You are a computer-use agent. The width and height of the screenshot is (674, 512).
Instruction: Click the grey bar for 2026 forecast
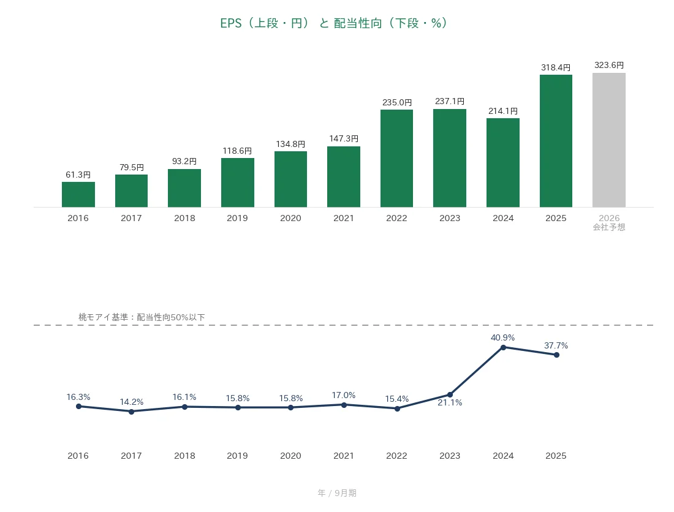click(608, 140)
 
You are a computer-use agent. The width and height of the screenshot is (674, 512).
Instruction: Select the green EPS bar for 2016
click(78, 195)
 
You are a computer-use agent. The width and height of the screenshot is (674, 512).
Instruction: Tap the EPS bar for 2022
click(397, 159)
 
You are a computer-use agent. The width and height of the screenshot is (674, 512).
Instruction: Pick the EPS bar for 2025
click(556, 141)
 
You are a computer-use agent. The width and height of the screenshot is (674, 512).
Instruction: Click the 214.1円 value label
click(503, 111)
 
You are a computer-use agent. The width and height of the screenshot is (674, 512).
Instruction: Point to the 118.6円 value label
click(237, 151)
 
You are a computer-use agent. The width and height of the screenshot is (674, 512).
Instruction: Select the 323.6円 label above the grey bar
click(609, 66)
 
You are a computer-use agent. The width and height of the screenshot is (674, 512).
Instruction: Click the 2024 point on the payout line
click(503, 347)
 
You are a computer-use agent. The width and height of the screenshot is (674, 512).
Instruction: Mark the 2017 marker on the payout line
click(132, 412)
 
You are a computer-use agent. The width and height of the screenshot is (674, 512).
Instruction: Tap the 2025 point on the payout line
click(556, 355)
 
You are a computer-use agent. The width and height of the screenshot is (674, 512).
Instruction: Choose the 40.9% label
click(503, 337)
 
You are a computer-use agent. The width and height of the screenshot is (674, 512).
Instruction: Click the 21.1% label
click(450, 402)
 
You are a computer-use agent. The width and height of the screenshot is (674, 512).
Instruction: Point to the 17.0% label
click(344, 395)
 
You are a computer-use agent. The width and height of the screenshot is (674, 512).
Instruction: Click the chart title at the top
click(335, 23)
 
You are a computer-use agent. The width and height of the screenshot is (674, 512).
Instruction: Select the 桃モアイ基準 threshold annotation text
click(142, 317)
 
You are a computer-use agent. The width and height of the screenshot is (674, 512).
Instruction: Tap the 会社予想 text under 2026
click(609, 227)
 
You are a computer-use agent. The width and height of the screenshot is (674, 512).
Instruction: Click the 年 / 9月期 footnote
click(337, 493)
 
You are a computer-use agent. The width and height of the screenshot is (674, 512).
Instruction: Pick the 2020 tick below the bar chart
click(290, 218)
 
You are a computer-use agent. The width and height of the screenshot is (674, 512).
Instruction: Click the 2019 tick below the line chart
click(237, 456)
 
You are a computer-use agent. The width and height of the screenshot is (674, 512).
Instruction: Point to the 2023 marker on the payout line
click(450, 395)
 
